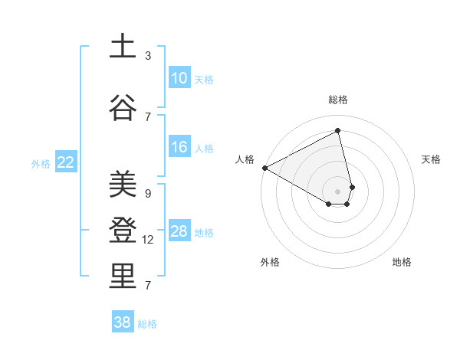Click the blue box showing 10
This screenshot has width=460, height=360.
179,78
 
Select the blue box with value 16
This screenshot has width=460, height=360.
179,147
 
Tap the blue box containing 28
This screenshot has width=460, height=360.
179,231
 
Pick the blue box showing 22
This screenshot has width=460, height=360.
66,162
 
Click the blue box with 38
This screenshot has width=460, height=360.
123,322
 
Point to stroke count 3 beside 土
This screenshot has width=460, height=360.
148,56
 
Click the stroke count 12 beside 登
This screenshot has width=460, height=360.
149,240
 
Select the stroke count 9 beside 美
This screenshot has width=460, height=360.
148,194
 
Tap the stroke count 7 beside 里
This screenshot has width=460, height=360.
148,286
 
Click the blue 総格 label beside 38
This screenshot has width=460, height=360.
147,324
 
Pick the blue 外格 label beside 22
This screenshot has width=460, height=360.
41,163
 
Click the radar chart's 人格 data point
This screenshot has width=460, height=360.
264,168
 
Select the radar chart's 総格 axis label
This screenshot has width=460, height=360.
338,100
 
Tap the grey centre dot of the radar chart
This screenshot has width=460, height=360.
337,190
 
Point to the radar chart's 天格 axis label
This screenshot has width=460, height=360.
432,159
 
